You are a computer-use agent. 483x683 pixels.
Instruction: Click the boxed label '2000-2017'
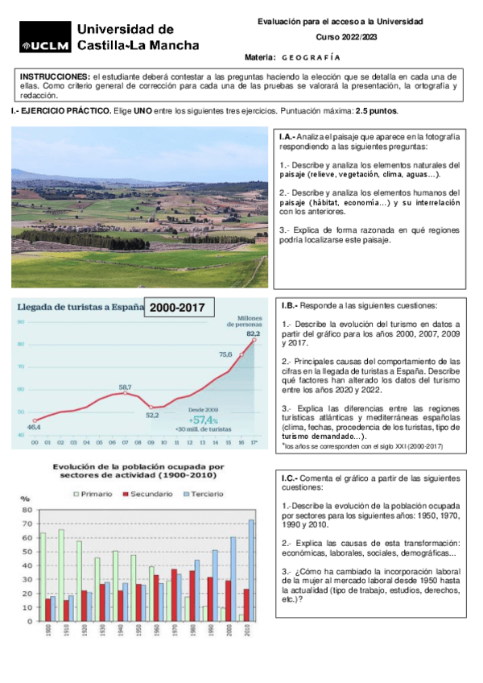click(x=178, y=308)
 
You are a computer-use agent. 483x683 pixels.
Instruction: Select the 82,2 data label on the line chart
click(x=254, y=333)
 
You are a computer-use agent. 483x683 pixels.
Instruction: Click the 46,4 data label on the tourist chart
click(x=35, y=427)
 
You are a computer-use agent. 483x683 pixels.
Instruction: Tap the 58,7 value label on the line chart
click(x=125, y=387)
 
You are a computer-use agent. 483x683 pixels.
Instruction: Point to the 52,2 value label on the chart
click(x=152, y=416)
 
